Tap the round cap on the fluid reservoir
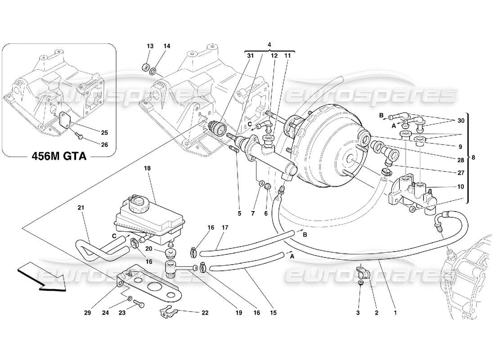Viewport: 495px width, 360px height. pyautogui.click(x=136, y=204)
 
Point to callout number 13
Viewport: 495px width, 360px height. pyautogui.click(x=150, y=46)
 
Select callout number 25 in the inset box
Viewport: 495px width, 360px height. pyautogui.click(x=105, y=133)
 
